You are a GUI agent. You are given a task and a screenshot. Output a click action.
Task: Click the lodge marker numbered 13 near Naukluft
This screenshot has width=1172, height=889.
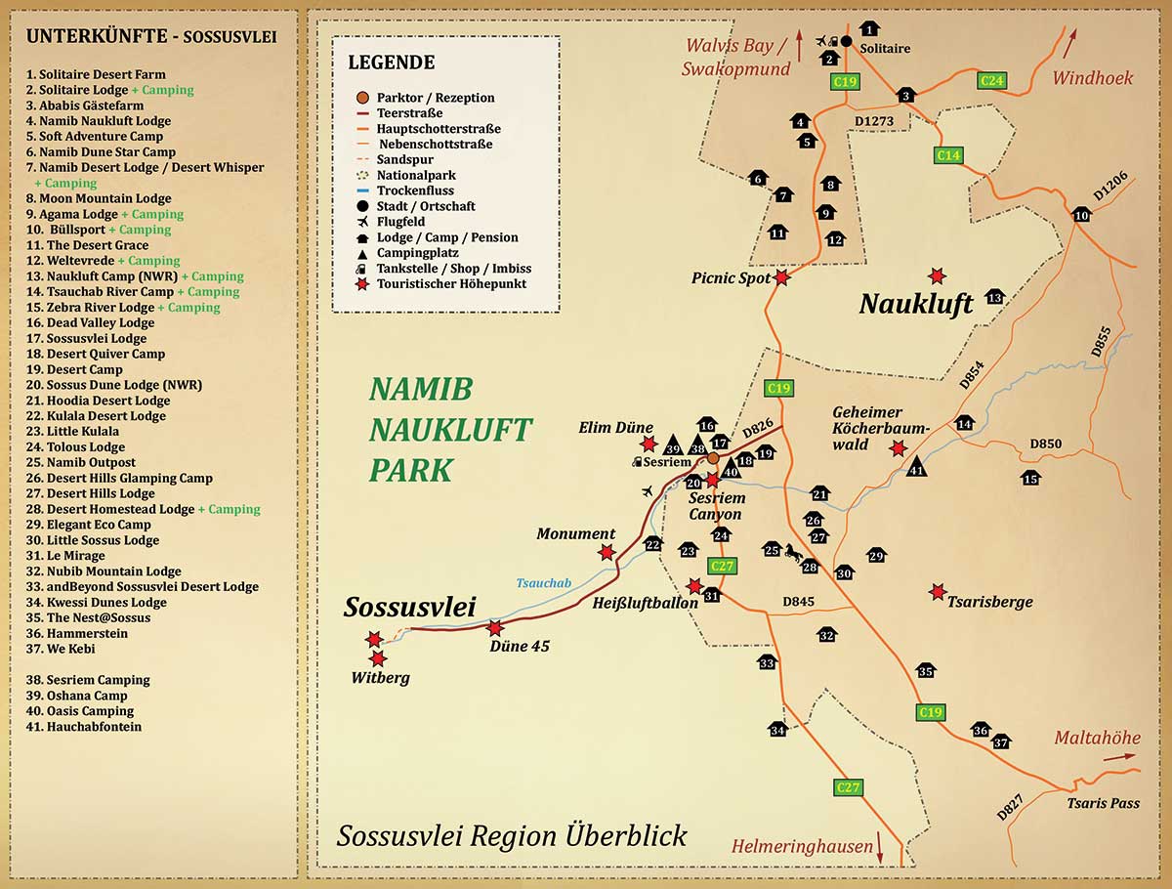coord(994,296)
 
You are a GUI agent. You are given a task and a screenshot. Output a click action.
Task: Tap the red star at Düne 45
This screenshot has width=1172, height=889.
coord(495,628)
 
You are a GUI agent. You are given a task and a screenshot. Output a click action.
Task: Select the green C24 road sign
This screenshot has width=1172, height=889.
coord(992,81)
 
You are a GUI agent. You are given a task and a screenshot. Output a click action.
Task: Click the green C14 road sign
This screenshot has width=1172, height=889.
coord(948,155)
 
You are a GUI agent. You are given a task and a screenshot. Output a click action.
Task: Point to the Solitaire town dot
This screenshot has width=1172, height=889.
coord(847,41)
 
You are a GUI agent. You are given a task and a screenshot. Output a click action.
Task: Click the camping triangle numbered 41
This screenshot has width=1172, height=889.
coord(916,466)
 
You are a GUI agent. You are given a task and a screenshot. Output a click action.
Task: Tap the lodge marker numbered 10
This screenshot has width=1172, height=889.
coord(1081,215)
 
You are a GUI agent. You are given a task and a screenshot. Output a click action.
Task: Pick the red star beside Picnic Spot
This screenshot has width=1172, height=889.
coord(781,277)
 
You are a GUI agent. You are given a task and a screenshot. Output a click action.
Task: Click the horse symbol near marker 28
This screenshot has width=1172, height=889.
coord(793,552)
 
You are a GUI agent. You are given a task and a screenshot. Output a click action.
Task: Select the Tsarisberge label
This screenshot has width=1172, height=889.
coord(990,603)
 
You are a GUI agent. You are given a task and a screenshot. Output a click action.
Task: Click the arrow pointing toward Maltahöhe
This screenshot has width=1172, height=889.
coord(1119,756)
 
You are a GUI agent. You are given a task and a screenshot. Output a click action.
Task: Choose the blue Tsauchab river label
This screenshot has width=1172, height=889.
coord(544,582)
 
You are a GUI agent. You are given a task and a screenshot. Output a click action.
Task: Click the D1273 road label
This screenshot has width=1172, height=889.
coord(874,121)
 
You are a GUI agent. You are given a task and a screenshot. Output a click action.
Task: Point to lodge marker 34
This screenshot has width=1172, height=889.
coord(777,729)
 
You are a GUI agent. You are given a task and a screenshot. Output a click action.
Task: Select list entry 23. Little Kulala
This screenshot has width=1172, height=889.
coord(72,432)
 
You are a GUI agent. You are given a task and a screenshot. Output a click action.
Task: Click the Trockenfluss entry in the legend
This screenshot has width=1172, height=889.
coord(415,190)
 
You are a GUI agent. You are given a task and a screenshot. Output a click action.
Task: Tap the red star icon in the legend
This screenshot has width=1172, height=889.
coord(362,284)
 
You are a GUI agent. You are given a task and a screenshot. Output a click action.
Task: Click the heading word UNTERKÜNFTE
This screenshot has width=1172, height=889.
coord(97,36)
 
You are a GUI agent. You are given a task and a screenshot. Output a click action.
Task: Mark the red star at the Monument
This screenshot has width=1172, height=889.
coord(607,552)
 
